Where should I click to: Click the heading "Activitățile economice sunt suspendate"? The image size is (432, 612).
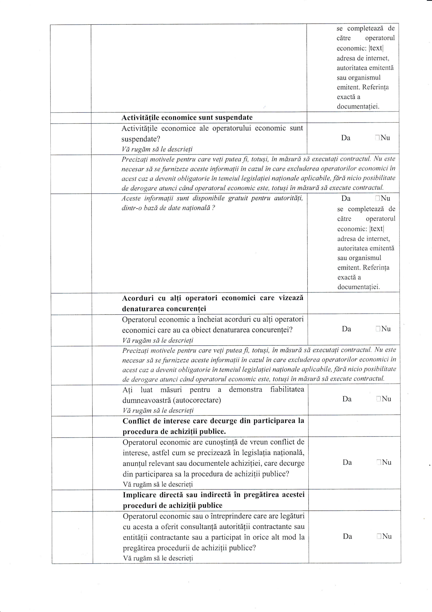tap(187, 118)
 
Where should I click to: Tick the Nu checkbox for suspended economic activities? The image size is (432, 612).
tap(377, 138)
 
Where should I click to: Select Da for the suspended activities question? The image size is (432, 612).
tap(345, 138)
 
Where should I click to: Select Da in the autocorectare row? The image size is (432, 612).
tap(347, 399)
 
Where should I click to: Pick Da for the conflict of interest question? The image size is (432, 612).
tap(347, 462)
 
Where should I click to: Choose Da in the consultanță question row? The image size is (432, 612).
tap(347, 536)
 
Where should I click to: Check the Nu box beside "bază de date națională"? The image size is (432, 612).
tap(377, 198)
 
